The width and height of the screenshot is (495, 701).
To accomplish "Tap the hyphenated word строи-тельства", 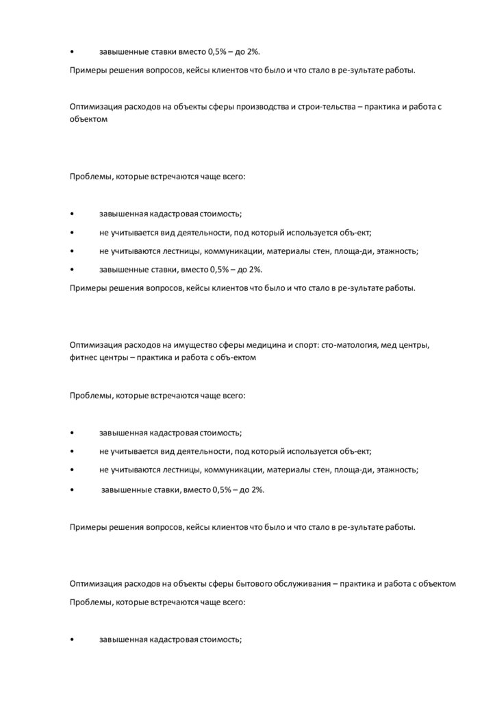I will (318, 107).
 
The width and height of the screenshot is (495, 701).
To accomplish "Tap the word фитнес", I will (81, 358).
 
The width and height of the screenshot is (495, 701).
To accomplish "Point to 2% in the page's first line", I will (262, 52).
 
